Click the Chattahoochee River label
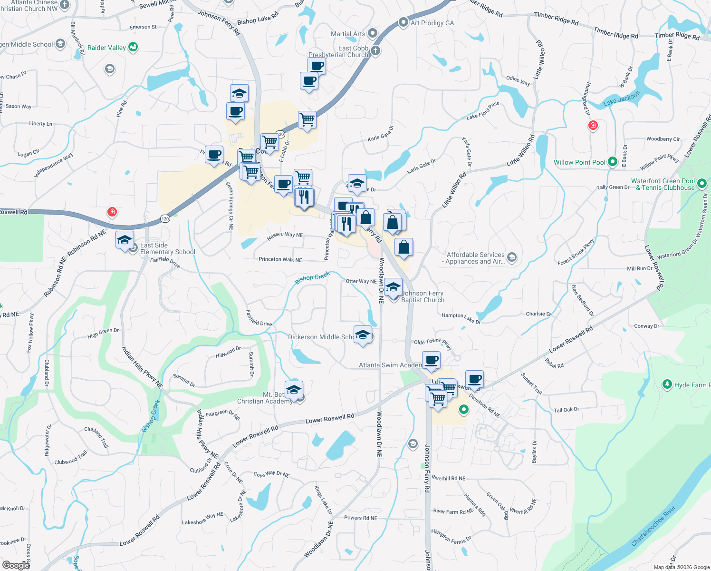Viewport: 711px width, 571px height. [x=653, y=526]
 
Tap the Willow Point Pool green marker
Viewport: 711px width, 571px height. [x=613, y=162]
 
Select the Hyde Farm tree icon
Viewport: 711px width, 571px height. [x=668, y=384]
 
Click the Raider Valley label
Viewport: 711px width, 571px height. [x=107, y=48]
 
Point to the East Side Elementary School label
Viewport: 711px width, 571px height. [x=167, y=248]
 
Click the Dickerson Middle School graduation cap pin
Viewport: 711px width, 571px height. [x=363, y=335]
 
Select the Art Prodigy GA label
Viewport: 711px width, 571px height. [x=432, y=23]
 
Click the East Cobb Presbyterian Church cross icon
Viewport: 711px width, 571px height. [x=375, y=51]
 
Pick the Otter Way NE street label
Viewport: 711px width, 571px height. [x=361, y=281]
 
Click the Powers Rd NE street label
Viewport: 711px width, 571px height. [x=360, y=518]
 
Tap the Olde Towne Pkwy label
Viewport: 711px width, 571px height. [x=432, y=343]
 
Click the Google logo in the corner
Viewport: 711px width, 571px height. [x=16, y=565]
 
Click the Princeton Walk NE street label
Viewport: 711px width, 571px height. [x=280, y=259]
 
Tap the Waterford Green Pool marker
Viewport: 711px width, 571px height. [x=701, y=183]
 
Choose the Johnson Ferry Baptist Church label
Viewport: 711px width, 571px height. [x=423, y=296]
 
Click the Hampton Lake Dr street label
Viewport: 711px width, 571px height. [x=461, y=317]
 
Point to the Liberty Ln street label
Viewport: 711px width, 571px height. [x=40, y=124]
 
